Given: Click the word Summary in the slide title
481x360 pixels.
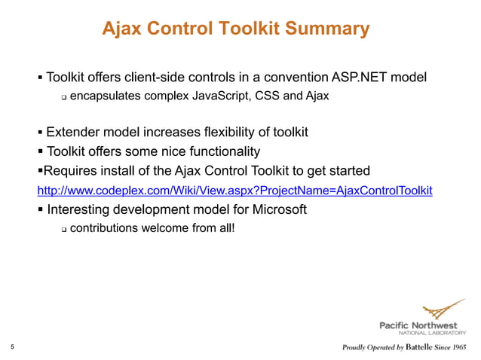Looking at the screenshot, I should click(328, 29).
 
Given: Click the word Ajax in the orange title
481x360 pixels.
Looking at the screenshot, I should click(123, 29).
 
